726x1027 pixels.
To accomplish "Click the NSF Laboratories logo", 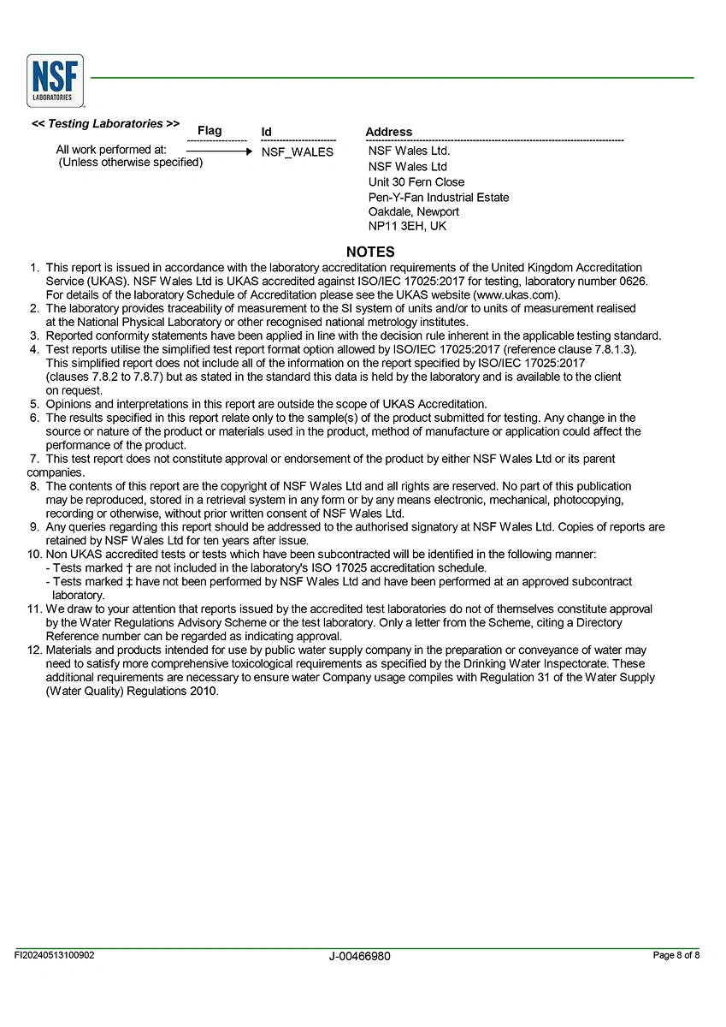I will pos(56,80).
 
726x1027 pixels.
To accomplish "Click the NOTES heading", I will pos(370,252).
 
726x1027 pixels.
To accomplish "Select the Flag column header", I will pos(210,130).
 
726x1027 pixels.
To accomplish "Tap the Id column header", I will pos(267,132).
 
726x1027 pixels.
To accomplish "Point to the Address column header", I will pos(388,132).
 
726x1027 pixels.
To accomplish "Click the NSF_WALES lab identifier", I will pos(298,152).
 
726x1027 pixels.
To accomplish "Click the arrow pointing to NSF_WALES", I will pos(219,151).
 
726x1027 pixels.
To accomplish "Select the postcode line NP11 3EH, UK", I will pos(407,227).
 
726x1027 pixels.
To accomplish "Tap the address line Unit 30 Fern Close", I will pos(416,182).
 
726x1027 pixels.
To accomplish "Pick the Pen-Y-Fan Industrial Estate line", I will pos(439,198).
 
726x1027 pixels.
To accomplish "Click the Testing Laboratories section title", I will pos(105,124).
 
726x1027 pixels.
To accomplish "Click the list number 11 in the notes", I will pos(34,609).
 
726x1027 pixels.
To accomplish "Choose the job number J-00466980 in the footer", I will pos(359,956).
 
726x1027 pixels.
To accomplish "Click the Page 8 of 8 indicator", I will pos(676,955).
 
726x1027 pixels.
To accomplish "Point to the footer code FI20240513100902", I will pos(55,955).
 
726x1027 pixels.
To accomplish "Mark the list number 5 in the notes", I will pos(35,404).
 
